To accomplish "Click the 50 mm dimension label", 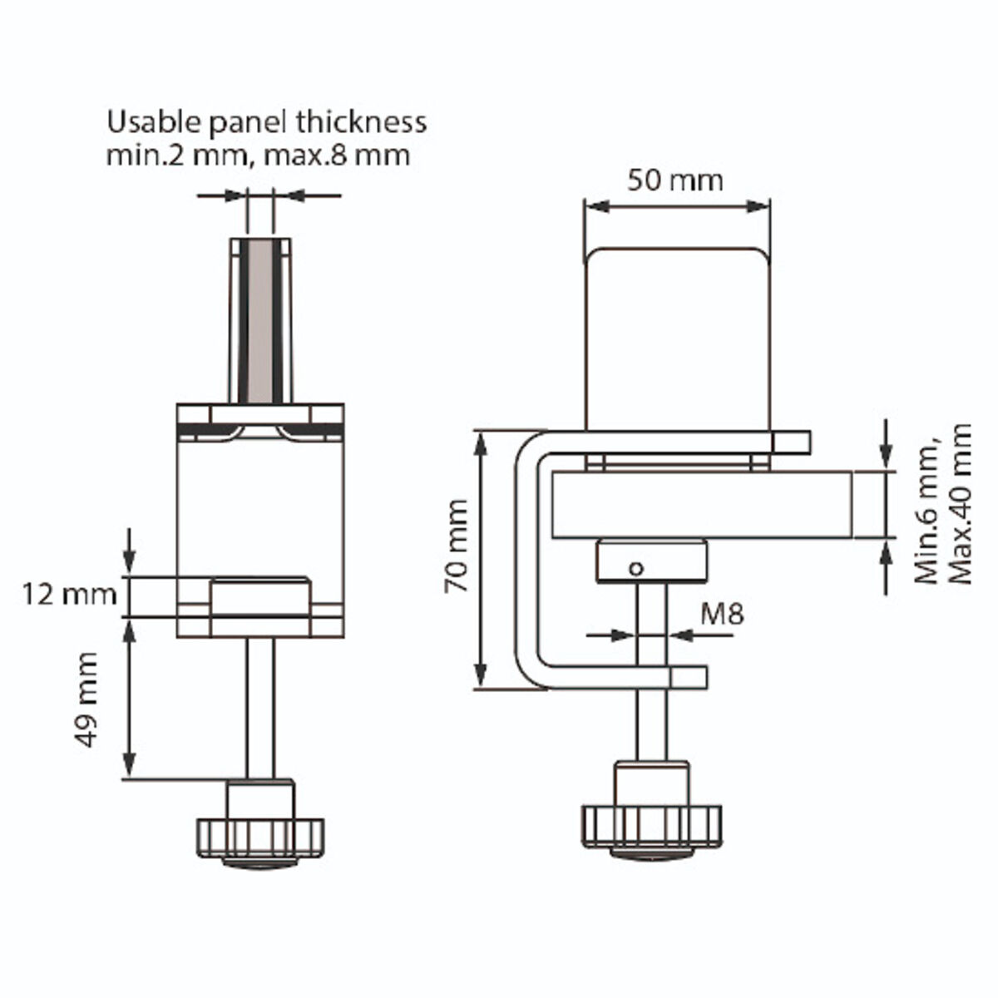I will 675,180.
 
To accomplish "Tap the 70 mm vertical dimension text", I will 457,558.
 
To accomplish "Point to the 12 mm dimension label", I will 70,595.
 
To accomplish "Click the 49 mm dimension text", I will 89,699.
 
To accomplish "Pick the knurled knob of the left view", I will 259,836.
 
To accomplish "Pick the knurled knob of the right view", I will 651,824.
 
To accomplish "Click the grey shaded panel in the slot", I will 260,320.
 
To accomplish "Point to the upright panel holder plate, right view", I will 677,341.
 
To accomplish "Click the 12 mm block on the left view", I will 260,597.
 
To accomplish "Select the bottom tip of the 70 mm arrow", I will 480,687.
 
